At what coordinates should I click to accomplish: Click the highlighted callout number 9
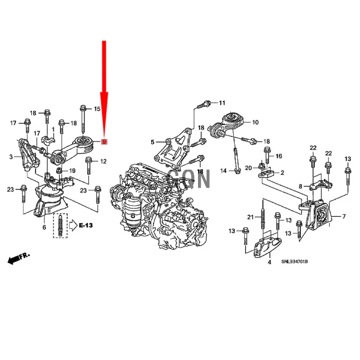pos(104,142)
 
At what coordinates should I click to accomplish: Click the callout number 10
pos(255,122)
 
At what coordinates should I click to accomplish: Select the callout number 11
pos(221,103)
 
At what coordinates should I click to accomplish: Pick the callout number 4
pos(269,261)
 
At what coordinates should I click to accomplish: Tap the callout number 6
pos(44,228)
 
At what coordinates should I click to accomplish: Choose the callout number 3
pos(11,157)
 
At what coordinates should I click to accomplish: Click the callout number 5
pos(152,142)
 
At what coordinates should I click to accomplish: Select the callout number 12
pos(103,161)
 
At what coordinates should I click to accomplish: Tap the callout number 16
pos(279,156)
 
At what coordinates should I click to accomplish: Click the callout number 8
pos(300,186)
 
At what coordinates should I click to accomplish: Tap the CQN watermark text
pos(189,178)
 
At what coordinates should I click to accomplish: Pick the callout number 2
pos(282,172)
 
